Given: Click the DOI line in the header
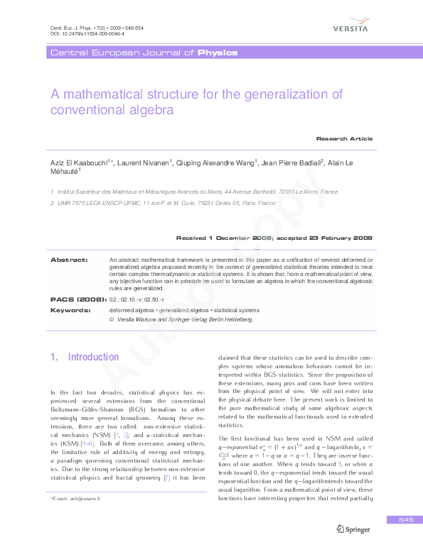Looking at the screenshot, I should point(77,33).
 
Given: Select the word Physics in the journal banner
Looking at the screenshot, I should point(218,53).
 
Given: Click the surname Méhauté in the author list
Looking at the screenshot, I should point(64,172).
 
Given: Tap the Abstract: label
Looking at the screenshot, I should point(68,260).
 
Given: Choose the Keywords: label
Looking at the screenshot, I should point(70,310).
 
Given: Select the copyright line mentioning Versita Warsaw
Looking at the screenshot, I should point(185,319).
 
